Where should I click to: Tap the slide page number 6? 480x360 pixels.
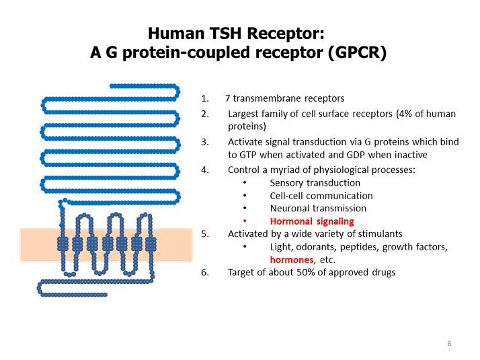coord(449,344)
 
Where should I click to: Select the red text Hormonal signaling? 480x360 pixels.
coord(311,221)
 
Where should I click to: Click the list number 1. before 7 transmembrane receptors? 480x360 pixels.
coord(205,99)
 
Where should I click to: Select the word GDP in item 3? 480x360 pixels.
coord(359,154)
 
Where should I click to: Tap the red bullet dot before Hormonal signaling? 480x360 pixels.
coord(245,221)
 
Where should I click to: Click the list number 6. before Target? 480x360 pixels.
coord(205,273)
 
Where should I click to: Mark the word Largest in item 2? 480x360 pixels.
coord(244,113)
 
